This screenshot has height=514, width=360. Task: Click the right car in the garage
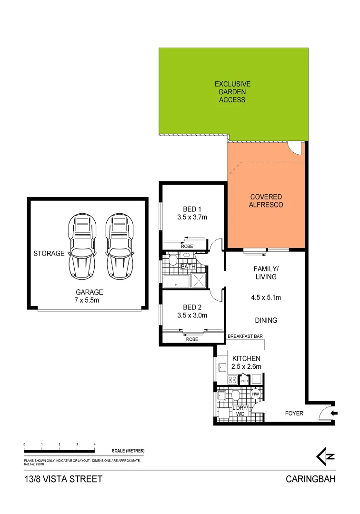point(118,246)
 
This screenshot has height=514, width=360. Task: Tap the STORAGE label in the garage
point(49,254)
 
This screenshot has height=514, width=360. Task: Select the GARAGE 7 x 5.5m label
point(89,296)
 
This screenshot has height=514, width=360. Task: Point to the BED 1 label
point(192,213)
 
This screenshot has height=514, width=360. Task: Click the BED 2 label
point(192,311)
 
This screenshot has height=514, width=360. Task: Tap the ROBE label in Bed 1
point(187,246)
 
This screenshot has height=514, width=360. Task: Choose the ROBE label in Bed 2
point(192,339)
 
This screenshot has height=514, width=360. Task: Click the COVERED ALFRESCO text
point(267,200)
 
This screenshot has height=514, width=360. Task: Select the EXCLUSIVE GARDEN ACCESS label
point(232,92)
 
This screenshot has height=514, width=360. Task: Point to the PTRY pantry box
point(244,380)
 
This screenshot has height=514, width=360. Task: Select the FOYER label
point(294,413)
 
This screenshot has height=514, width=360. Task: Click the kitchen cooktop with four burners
point(232,380)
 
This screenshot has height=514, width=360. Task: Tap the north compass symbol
point(326,456)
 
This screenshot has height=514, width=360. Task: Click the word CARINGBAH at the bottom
point(310,479)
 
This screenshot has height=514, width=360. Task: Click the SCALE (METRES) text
point(128,451)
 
